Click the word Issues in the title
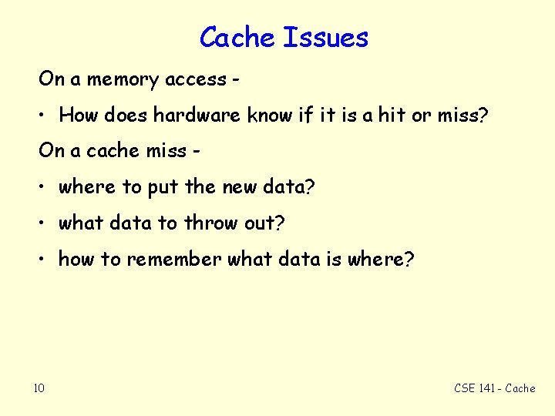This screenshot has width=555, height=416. coord(326,37)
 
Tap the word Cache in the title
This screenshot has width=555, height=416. coord(238,37)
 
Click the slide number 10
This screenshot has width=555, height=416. coord(39,387)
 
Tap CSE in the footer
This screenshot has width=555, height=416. coord(465,388)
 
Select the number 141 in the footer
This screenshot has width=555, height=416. coord(487,388)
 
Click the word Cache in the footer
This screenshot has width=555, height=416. coord(520,388)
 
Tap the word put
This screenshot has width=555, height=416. coord(164,187)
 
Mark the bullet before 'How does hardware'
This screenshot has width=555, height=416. coord(45,116)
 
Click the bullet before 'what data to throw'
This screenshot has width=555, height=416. coord(45,223)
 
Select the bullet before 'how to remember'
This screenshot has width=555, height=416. coord(45,260)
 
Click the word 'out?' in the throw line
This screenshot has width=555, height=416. coord(266,223)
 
